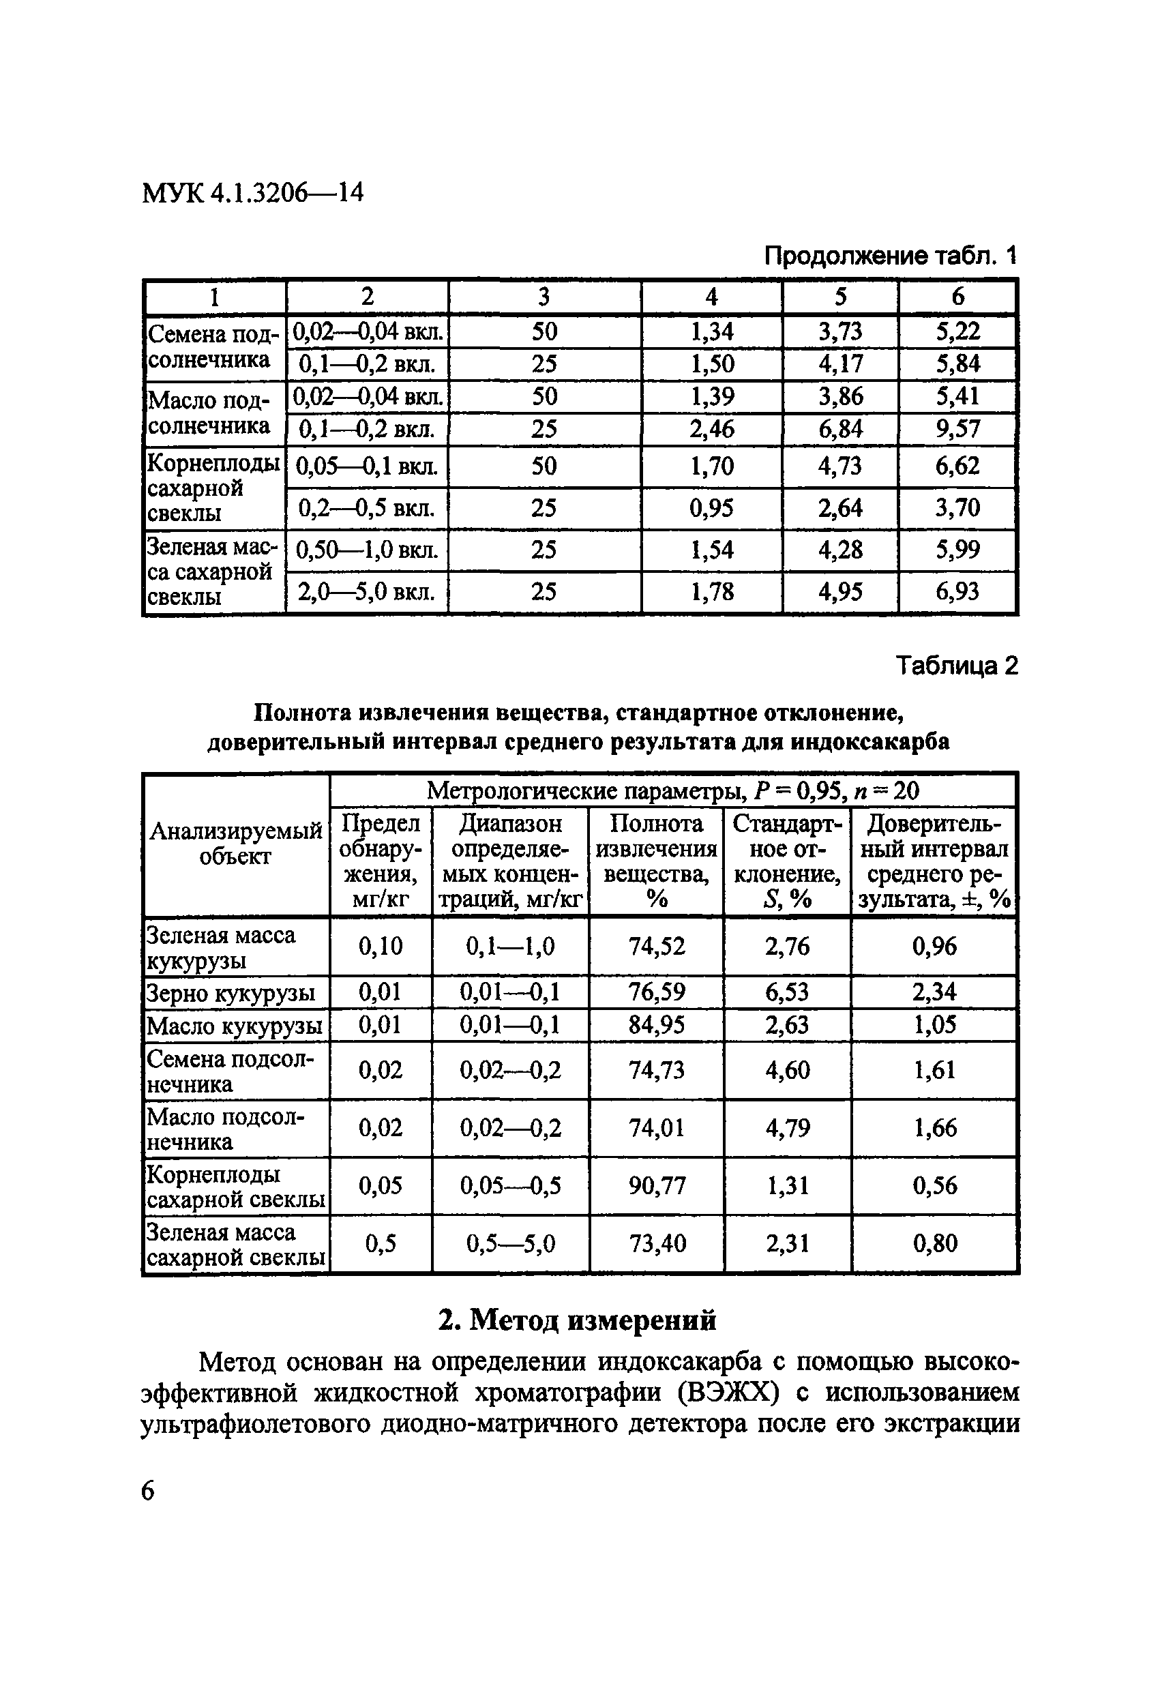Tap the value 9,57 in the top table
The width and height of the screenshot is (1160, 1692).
click(x=957, y=429)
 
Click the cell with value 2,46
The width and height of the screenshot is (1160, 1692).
click(x=711, y=429)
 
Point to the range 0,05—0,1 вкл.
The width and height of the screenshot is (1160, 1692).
click(x=367, y=466)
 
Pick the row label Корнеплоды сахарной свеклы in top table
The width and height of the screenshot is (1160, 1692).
click(x=213, y=488)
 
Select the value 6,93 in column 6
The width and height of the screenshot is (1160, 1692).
click(x=957, y=591)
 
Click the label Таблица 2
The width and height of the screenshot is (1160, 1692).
click(x=956, y=666)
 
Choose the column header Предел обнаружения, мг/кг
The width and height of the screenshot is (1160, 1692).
click(x=380, y=861)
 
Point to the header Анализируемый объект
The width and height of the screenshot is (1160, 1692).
click(x=235, y=844)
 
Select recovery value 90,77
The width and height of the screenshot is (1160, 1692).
click(x=656, y=1186)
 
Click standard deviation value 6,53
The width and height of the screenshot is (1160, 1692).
click(x=787, y=992)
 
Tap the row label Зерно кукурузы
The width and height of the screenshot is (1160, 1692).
click(x=230, y=993)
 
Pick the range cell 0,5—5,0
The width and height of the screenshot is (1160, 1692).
click(x=511, y=1243)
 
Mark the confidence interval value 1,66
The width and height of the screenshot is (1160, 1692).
click(x=934, y=1129)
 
